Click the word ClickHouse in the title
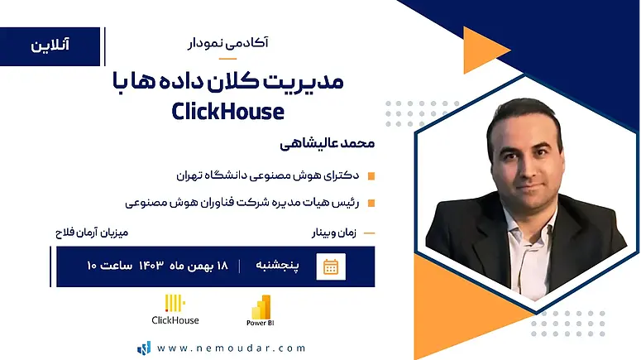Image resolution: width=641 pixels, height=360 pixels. (227, 111)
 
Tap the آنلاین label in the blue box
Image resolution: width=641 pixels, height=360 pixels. (50, 45)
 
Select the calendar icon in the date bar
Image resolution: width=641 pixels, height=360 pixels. (331, 266)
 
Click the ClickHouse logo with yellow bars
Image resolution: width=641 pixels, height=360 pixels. (175, 310)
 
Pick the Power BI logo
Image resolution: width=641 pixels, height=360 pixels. (261, 310)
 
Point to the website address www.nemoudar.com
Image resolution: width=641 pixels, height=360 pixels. (232, 348)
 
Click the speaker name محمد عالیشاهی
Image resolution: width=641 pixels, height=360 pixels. (327, 144)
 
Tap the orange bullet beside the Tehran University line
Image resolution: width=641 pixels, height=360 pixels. (371, 176)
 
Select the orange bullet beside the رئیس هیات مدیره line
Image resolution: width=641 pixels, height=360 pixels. (371, 203)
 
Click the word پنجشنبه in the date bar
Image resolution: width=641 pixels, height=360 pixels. (277, 266)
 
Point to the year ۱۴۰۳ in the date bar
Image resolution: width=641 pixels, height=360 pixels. (151, 266)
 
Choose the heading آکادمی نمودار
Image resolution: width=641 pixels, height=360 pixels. (227, 43)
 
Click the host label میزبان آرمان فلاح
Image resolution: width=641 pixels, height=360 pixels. (92, 233)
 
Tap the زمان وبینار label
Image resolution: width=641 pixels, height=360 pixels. (334, 233)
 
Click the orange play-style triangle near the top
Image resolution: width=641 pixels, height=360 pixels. (485, 50)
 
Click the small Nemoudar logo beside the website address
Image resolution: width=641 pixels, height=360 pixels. (144, 348)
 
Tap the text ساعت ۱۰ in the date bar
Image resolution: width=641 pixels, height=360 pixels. (109, 266)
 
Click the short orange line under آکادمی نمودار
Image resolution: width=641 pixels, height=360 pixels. (227, 59)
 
